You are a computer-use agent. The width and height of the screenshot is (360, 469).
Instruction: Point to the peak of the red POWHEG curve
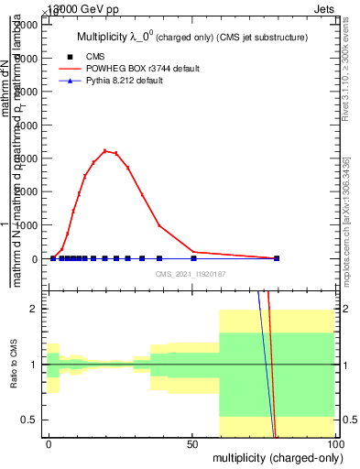105,150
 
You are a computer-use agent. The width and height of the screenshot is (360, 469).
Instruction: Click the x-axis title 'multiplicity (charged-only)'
273,455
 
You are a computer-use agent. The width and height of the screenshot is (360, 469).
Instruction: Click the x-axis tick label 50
192,442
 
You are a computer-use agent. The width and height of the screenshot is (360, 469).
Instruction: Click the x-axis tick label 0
49,442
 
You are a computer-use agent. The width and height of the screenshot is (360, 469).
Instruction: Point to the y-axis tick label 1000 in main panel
27,225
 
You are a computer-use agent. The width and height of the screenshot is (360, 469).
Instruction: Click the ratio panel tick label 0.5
32,420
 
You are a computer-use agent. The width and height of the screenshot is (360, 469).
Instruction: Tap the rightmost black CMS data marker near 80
277,258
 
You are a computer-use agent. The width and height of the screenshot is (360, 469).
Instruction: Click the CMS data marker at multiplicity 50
192,258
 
